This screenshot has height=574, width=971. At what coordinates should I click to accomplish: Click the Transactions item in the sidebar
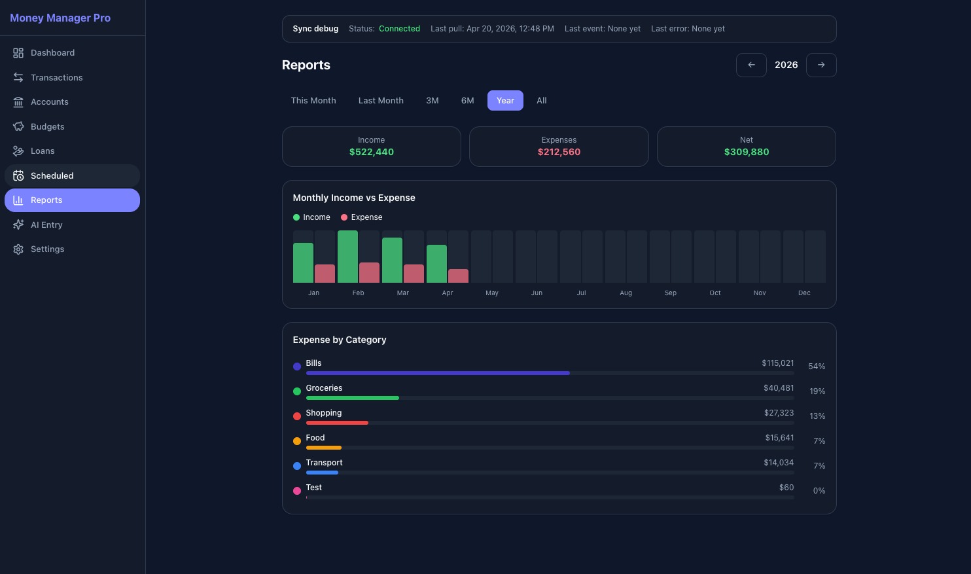click(56, 77)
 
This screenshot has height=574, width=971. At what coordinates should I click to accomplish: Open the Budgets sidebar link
click(47, 126)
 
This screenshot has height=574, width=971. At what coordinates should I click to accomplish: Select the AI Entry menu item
click(46, 224)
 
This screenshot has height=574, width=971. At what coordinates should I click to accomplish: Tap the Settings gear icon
click(18, 249)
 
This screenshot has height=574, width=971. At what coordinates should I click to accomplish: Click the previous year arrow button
click(751, 65)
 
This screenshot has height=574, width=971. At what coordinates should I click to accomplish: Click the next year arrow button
click(821, 65)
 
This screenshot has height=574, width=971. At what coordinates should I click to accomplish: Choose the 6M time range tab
click(467, 100)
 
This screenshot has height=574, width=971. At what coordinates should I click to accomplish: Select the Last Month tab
click(381, 100)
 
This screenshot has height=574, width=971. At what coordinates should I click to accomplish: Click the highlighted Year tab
click(505, 100)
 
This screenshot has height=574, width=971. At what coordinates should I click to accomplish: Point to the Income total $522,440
click(371, 152)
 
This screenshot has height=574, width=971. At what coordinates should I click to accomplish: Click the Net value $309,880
click(746, 152)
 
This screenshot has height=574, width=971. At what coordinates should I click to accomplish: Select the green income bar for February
click(347, 257)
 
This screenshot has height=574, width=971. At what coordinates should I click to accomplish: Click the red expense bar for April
click(458, 276)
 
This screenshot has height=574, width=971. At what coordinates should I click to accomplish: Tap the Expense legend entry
click(362, 217)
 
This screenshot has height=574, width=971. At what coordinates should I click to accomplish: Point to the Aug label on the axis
click(626, 293)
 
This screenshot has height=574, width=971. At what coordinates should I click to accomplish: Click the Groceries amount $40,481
click(778, 388)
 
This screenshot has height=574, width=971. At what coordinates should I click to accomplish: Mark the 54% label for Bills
click(816, 367)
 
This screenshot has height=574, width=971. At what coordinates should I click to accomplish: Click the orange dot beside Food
click(297, 441)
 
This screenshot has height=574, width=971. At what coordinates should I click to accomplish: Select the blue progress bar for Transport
click(322, 473)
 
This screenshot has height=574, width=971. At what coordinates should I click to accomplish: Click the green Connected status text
click(399, 29)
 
